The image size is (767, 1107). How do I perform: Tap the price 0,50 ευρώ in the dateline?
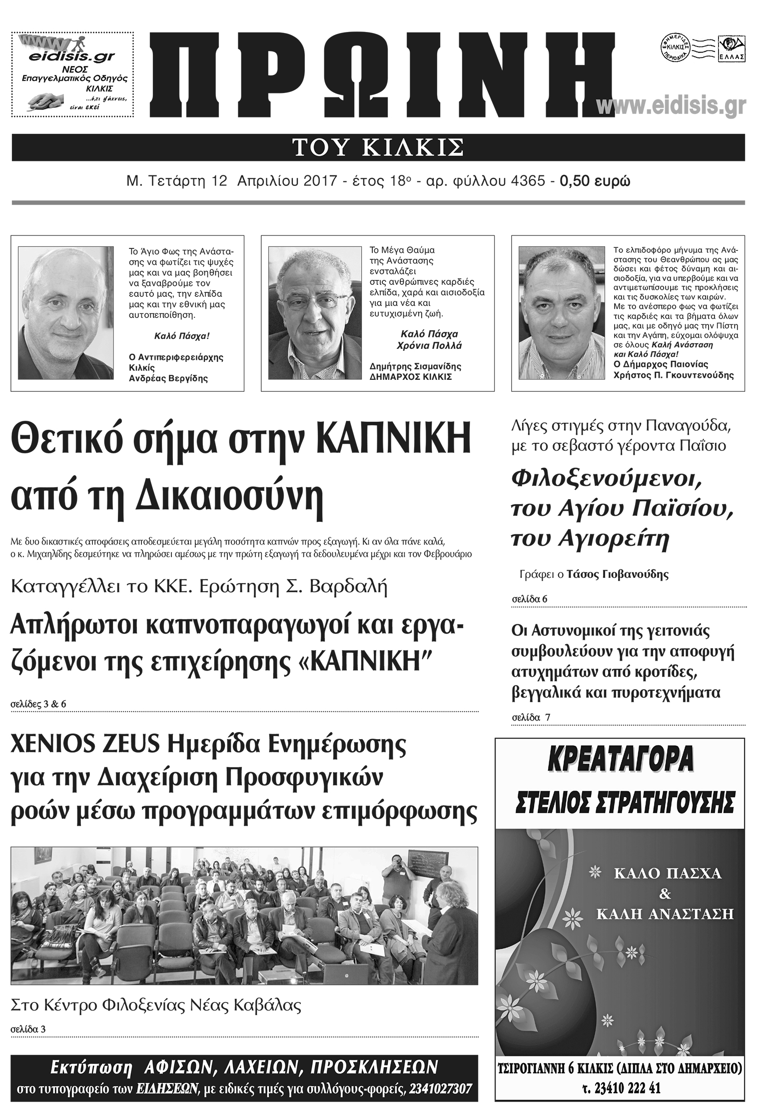(595, 181)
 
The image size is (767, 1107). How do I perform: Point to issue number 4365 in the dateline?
(528, 181)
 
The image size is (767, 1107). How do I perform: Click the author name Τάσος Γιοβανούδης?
(617, 574)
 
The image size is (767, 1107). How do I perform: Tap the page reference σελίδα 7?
(531, 717)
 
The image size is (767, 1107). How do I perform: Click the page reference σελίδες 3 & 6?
(38, 704)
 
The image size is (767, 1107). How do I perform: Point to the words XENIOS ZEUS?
(85, 748)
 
